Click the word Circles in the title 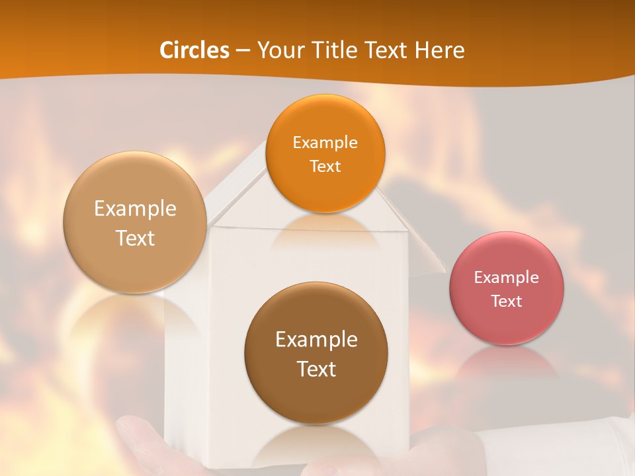click(x=194, y=50)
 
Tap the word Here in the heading click(x=439, y=50)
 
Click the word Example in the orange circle click(x=325, y=143)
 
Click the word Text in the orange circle click(x=325, y=167)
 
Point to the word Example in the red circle click(x=507, y=278)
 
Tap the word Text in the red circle click(x=507, y=301)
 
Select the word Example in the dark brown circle click(x=316, y=340)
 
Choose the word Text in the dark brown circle click(x=316, y=369)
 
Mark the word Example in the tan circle click(x=135, y=209)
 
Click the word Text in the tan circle click(x=135, y=238)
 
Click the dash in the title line click(x=243, y=51)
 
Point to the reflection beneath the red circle click(x=507, y=364)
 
